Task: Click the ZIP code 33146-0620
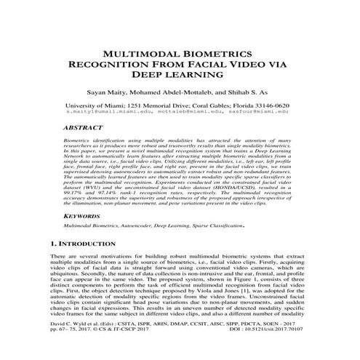click(280, 105)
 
